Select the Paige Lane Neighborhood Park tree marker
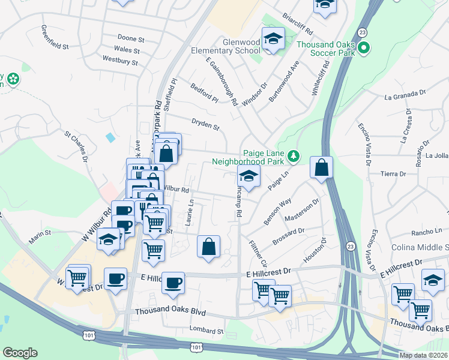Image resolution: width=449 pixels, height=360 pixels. coord(293,157)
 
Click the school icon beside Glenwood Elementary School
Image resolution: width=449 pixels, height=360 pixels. coord(273,40)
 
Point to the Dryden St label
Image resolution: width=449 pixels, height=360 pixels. coord(205,127)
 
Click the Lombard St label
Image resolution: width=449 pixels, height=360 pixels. coord(206,331)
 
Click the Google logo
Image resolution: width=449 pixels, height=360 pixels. coord(20,353)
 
